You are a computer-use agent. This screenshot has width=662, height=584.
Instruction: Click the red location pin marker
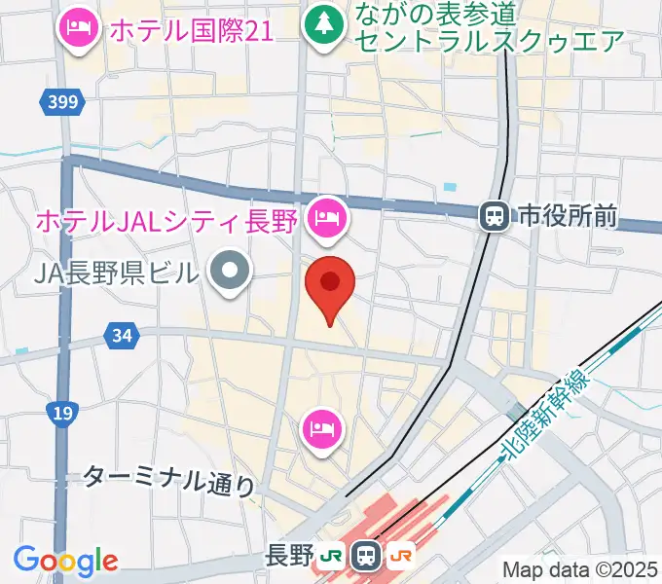pyautogui.click(x=330, y=284)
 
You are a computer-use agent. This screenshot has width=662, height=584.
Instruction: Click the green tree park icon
pyautogui.click(x=321, y=23)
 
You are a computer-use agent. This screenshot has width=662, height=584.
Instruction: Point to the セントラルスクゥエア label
pyautogui.click(x=489, y=41)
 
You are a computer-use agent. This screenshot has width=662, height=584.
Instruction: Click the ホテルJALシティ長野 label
pyautogui.click(x=165, y=221)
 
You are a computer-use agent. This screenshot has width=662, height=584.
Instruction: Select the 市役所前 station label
pyautogui.click(x=568, y=216)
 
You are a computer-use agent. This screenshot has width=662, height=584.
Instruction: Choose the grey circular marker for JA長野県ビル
pyautogui.click(x=230, y=274)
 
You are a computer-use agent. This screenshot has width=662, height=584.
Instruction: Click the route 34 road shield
pyautogui.click(x=122, y=337)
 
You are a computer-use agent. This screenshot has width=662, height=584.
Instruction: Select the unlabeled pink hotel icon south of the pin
pyautogui.click(x=322, y=425)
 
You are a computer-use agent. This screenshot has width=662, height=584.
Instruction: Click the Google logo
pyautogui.click(x=66, y=560)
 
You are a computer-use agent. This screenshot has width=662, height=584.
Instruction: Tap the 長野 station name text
pyautogui.click(x=289, y=556)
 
